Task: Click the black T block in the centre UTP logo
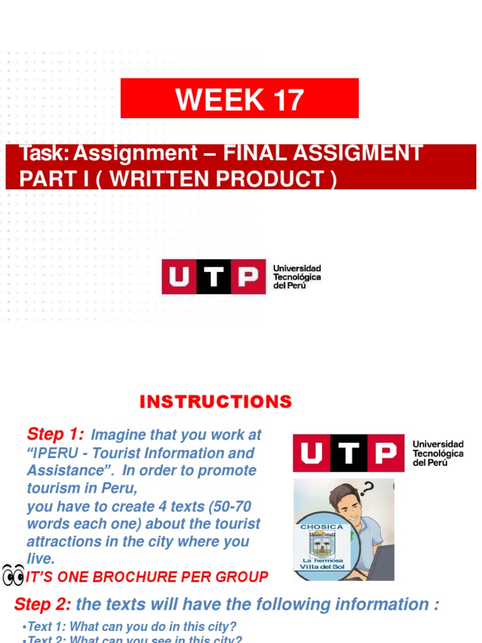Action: [215, 277]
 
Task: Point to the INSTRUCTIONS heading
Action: [215, 402]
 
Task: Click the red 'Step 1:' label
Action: [55, 434]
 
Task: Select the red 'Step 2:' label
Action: [42, 604]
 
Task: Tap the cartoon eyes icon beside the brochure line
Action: [13, 575]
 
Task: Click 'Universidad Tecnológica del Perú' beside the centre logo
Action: [296, 277]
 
